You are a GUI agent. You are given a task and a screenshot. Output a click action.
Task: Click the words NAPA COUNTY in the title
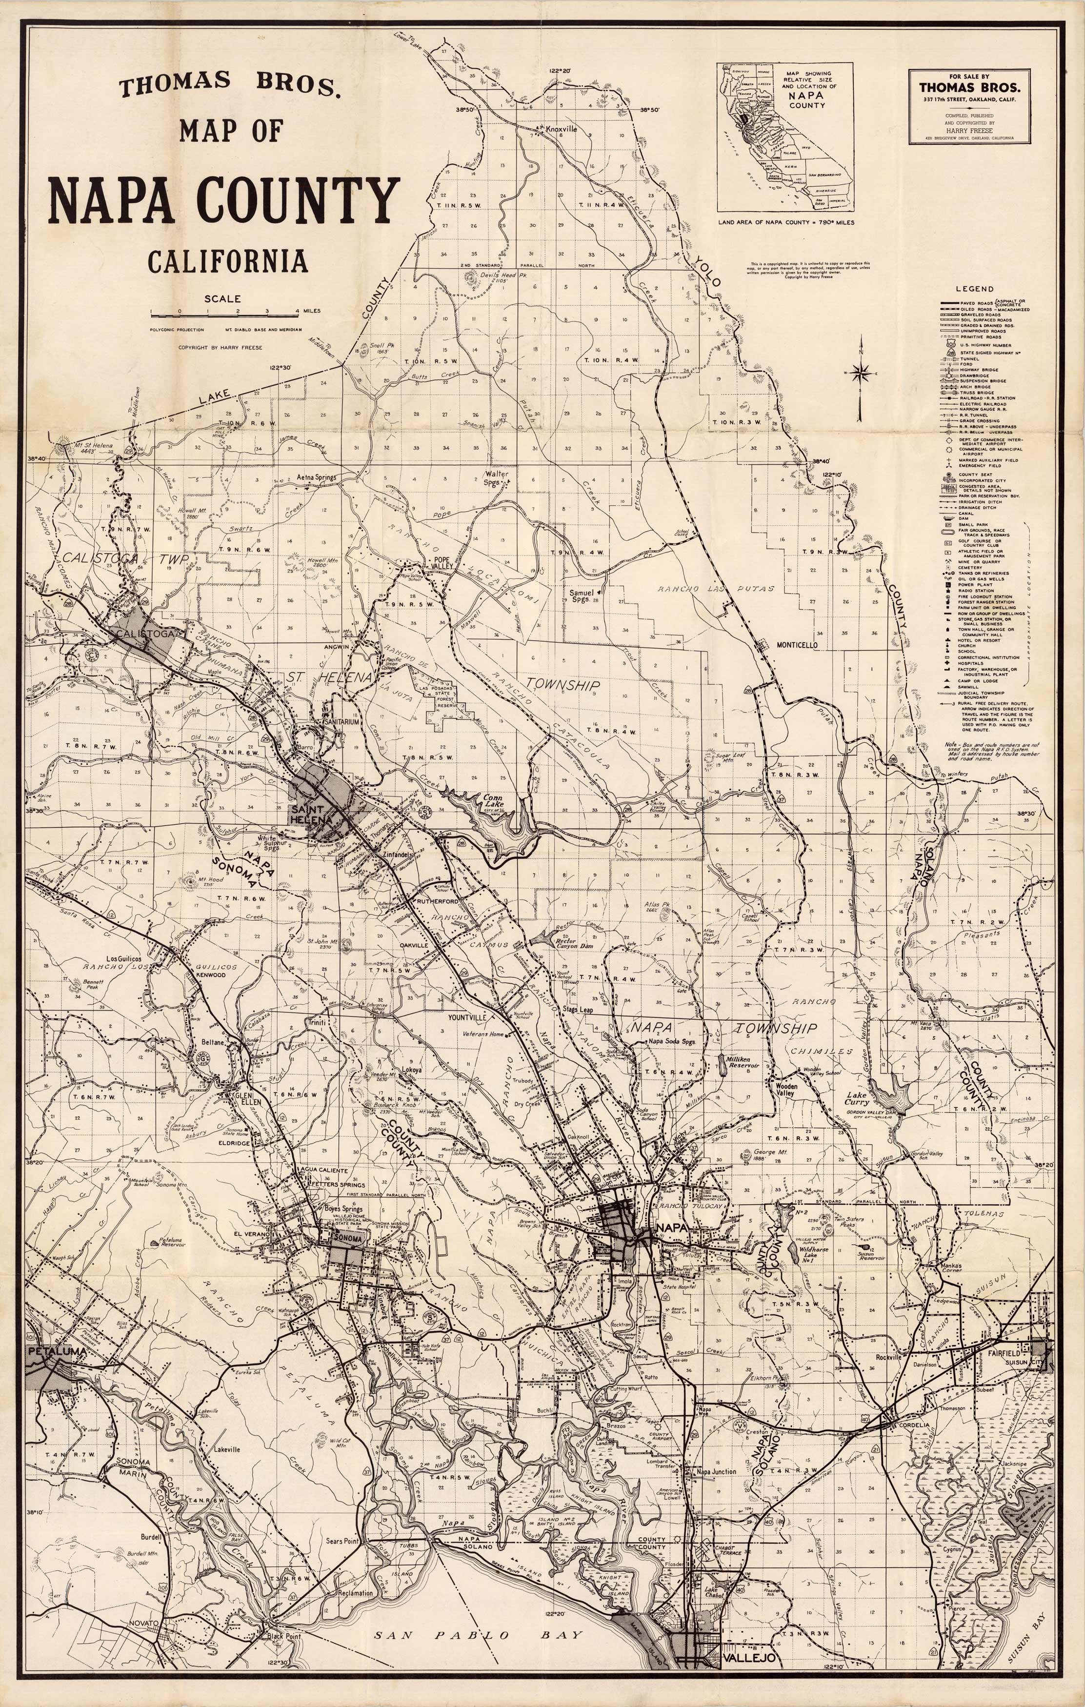[x=224, y=200]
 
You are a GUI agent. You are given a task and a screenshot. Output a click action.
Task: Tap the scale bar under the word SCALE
[x=224, y=313]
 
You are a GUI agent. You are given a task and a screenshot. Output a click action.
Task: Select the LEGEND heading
[x=974, y=289]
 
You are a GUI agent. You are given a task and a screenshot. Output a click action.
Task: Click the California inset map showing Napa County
[x=785, y=137]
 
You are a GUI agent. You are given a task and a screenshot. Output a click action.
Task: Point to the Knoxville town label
[x=561, y=130]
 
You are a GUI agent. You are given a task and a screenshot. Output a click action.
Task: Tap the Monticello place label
[x=797, y=645]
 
